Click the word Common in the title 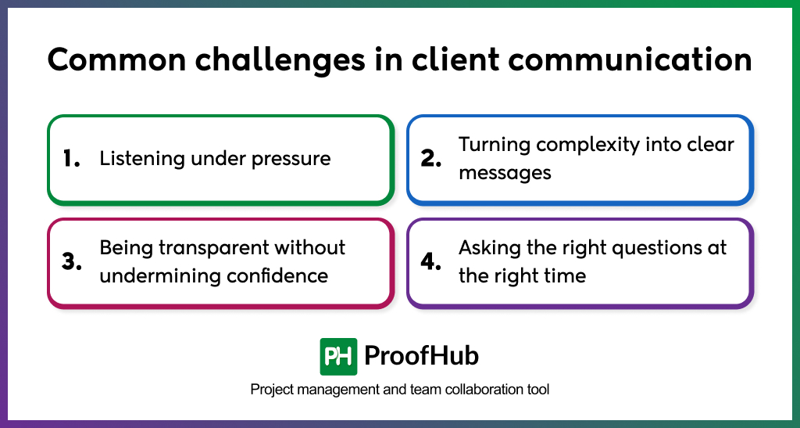click(x=117, y=59)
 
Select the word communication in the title click(x=630, y=59)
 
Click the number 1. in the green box click(x=71, y=159)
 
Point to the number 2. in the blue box click(x=431, y=159)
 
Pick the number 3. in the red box click(x=72, y=261)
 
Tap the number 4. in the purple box click(x=431, y=261)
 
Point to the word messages click(x=505, y=174)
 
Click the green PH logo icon click(x=338, y=357)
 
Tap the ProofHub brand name click(x=421, y=355)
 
